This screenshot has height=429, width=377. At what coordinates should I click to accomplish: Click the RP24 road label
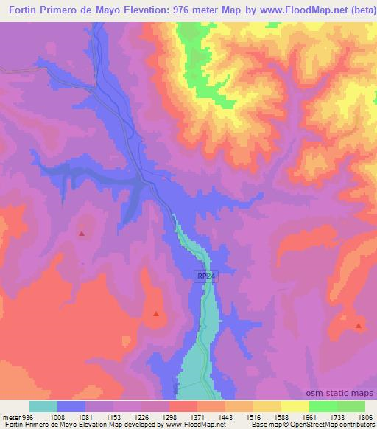tap(206, 276)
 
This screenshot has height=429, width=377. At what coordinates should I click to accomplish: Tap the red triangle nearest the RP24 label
tap(156, 314)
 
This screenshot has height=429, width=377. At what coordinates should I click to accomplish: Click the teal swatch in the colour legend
tap(43, 407)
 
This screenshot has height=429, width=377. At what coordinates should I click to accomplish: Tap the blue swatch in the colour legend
tap(71, 407)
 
